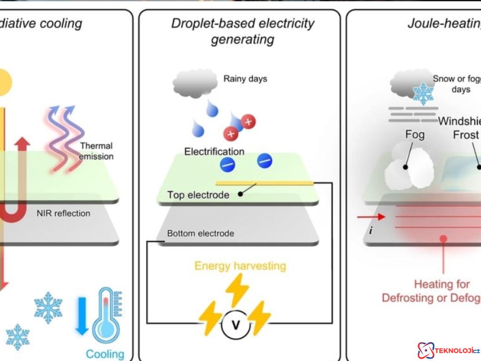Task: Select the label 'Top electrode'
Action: [198, 195]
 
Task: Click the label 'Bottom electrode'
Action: [201, 233]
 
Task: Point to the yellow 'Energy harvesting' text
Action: [240, 266]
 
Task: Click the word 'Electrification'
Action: [214, 152]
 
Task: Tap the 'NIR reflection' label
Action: [63, 213]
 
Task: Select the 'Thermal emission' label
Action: [96, 151]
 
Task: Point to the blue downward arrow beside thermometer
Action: [82, 318]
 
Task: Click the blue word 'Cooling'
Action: [105, 354]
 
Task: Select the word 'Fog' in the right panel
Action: [415, 135]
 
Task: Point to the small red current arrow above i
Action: [371, 217]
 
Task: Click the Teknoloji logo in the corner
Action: [448, 350]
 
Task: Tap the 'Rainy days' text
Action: [245, 78]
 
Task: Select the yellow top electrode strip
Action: [264, 182]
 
